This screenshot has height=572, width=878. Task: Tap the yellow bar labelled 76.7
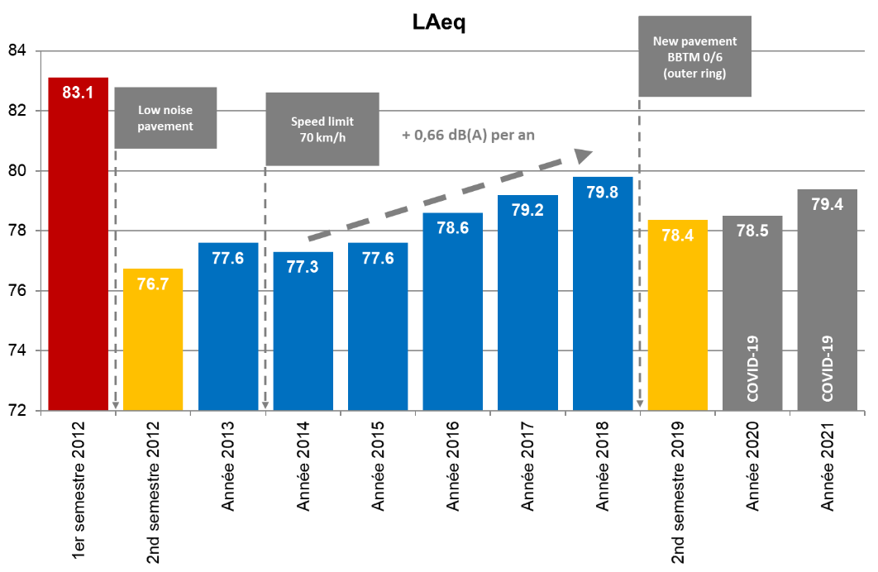click(x=153, y=339)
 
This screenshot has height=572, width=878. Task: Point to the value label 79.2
click(x=527, y=210)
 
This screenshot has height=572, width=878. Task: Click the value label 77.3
click(x=303, y=266)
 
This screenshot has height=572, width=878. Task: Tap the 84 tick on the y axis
click(x=17, y=51)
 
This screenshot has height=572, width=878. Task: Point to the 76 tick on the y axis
click(x=17, y=291)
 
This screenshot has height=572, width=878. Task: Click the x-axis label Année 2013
click(x=228, y=467)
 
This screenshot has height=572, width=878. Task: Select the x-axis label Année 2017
click(x=527, y=467)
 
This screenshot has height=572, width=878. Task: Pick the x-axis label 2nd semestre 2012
click(x=154, y=492)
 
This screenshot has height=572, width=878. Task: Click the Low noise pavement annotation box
click(x=165, y=117)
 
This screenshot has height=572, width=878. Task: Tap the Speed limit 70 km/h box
click(x=322, y=129)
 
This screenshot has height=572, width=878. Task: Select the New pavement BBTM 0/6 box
click(x=695, y=56)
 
